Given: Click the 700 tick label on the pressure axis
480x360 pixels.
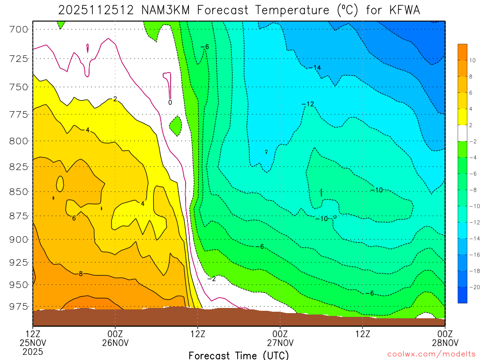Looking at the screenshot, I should tap(18, 29).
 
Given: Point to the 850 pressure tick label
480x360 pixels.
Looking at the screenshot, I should tap(18, 192).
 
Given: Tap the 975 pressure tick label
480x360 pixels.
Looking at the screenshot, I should tap(18, 307).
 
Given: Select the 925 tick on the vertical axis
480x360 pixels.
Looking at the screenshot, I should tap(18, 262).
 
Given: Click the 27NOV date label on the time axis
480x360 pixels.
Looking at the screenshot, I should tap(280, 343).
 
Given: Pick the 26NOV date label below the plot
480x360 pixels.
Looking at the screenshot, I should tap(115, 343).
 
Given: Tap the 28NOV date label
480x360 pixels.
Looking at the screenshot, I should tap(444, 343).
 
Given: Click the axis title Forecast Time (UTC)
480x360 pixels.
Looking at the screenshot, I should tap(239, 355).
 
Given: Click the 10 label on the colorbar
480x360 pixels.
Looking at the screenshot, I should tap(472, 60).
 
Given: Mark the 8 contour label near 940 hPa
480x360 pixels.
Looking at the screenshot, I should tap(81, 274).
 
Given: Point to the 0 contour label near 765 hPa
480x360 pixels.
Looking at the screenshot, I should tap(170, 102).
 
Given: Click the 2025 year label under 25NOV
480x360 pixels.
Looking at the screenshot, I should tap(33, 352).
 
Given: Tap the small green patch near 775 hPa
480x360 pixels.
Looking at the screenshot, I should tap(175, 125).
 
